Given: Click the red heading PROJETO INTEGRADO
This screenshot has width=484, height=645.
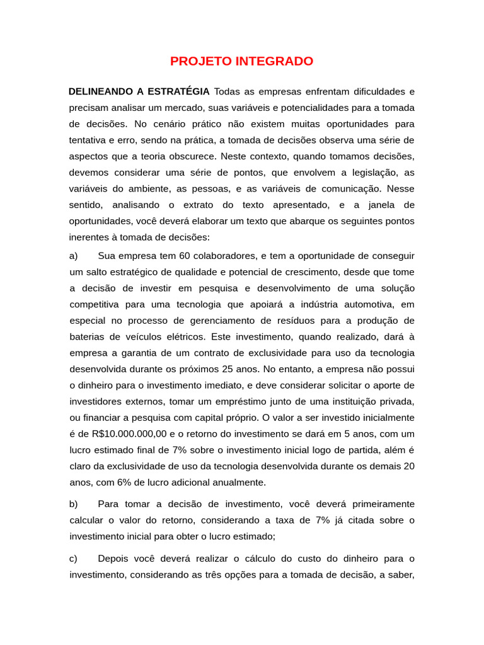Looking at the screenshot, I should pyautogui.click(x=241, y=62).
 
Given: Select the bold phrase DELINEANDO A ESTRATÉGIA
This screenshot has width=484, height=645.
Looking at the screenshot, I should pyautogui.click(x=139, y=91).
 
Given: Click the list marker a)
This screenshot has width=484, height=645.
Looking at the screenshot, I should pyautogui.click(x=74, y=256).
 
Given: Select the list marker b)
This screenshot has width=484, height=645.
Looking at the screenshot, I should pyautogui.click(x=74, y=504).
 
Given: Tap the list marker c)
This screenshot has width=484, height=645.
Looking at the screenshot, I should pyautogui.click(x=74, y=558).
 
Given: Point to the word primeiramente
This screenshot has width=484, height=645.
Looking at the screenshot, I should pyautogui.click(x=374, y=504).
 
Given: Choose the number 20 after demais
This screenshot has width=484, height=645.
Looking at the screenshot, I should pyautogui.click(x=409, y=466).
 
